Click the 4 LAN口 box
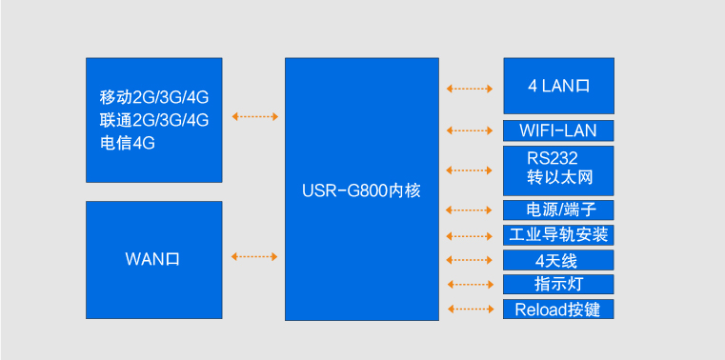click(x=558, y=86)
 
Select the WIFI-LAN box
click(x=558, y=130)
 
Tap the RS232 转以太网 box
click(x=558, y=170)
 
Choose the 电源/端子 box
click(x=558, y=210)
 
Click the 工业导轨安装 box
click(x=558, y=234)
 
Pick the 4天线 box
click(x=558, y=260)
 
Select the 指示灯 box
click(x=558, y=284)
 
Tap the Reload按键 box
click(x=558, y=309)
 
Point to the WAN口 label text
click(x=152, y=257)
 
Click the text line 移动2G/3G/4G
click(x=153, y=97)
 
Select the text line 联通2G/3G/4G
click(x=153, y=120)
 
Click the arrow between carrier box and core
click(x=254, y=117)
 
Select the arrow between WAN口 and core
click(x=254, y=256)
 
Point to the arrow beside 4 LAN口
click(x=470, y=89)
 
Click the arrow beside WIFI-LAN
click(x=470, y=130)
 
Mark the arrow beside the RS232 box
click(x=470, y=170)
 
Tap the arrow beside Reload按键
click(x=470, y=309)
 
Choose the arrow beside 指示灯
click(x=470, y=284)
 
